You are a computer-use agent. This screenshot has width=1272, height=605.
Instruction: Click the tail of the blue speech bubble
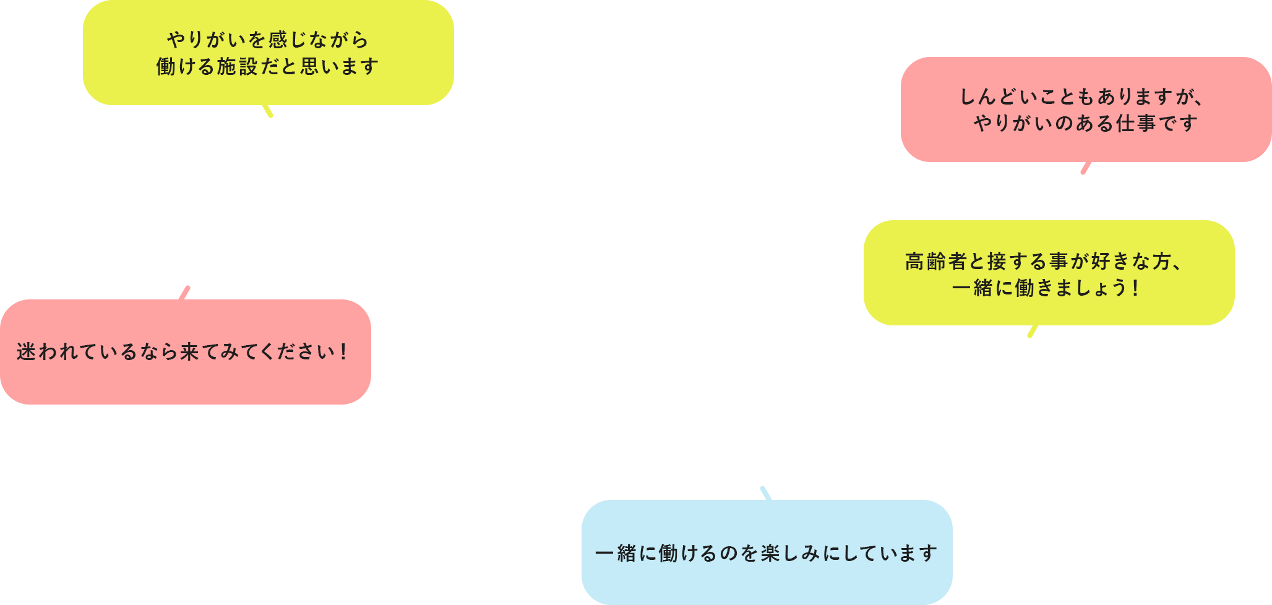(x=766, y=493)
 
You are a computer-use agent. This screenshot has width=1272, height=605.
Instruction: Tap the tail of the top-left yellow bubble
(x=268, y=111)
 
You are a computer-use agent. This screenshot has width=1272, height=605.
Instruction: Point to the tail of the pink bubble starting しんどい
(x=1086, y=168)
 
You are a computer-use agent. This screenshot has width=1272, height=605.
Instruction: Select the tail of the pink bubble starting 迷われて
(x=184, y=293)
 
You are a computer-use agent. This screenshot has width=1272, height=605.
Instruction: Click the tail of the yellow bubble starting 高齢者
(x=1033, y=332)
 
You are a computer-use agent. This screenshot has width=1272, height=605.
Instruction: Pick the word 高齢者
(x=936, y=261)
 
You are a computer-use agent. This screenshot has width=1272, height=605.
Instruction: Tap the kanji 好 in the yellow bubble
(x=1101, y=261)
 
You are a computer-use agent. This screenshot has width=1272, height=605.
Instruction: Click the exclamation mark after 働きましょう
(x=1135, y=288)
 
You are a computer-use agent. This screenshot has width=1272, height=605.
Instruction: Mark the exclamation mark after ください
(x=343, y=351)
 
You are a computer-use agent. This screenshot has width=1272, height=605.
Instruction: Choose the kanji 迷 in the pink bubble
(x=27, y=351)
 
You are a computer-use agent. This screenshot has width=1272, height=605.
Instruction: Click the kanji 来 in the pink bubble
(x=189, y=351)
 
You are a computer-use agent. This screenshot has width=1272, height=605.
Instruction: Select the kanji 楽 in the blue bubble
(x=771, y=552)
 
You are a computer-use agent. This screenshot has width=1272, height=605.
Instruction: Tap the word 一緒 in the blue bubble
(x=616, y=552)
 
